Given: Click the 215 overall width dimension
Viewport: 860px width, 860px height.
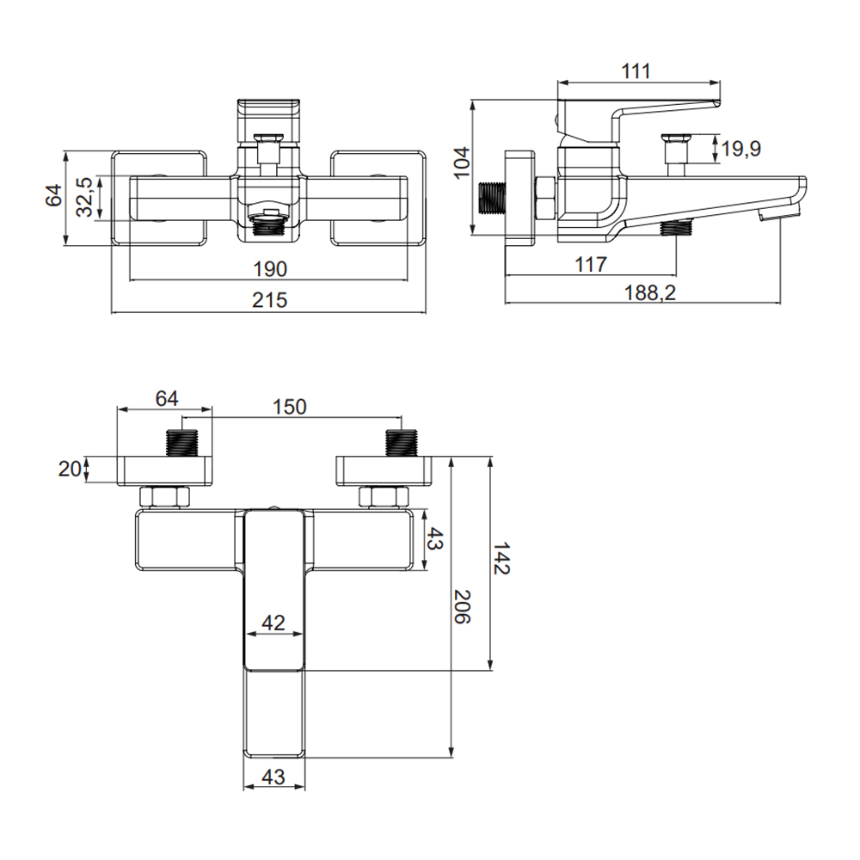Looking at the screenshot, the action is coord(270,300).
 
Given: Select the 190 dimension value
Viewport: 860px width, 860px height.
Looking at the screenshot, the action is coord(270,269).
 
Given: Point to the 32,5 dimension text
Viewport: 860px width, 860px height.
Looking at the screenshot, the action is coord(84,197).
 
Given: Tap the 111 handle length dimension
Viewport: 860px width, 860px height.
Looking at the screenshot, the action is coord(636,71).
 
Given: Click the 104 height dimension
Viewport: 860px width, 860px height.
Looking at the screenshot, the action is coord(461,163).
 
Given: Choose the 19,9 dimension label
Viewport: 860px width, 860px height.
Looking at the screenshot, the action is coord(741,148).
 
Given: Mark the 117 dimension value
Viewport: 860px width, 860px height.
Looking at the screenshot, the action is coord(591,265).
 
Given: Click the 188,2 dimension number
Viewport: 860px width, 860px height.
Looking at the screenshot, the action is coord(650,293).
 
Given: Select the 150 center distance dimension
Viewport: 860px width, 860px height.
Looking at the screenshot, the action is coord(290,407).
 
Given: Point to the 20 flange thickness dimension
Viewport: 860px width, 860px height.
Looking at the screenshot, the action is coord(70,470).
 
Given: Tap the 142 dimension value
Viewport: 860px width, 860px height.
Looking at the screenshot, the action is coord(501,558).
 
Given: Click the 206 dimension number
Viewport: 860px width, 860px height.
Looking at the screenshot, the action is coord(462,606).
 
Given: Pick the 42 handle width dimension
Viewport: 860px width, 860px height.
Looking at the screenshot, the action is coord(273,623).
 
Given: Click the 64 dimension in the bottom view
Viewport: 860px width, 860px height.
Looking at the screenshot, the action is coord(167,399).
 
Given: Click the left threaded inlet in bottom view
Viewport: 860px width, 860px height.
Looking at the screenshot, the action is coord(181,443).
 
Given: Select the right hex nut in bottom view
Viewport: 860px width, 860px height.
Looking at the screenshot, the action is coord(384,497).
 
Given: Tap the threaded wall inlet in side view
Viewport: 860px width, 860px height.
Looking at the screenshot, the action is coord(492,198).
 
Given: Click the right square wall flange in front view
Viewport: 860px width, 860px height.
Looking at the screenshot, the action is coord(378,198).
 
